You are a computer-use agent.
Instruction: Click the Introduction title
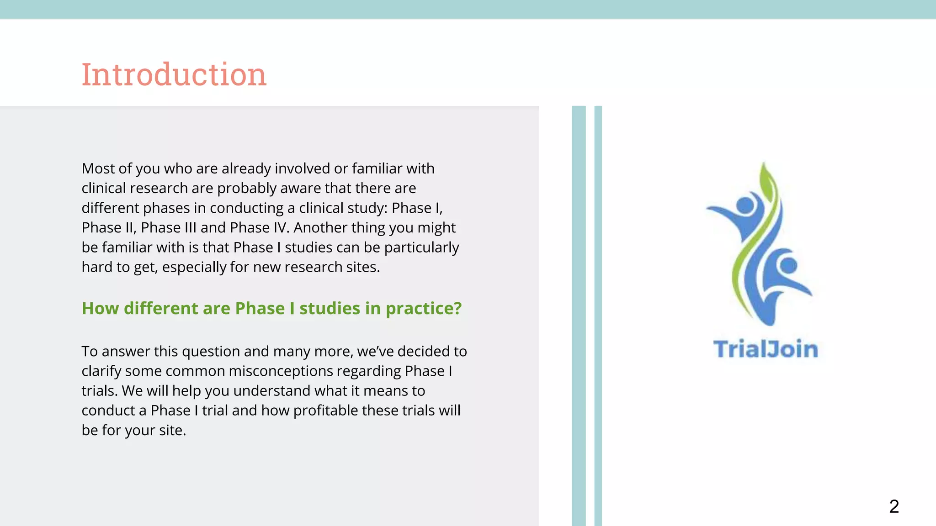174,74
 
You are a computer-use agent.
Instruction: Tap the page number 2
894,506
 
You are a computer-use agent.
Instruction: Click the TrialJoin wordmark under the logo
766,349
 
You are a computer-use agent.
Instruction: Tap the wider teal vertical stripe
579,315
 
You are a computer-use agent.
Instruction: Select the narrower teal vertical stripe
598,315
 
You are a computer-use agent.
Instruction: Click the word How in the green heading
100,309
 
